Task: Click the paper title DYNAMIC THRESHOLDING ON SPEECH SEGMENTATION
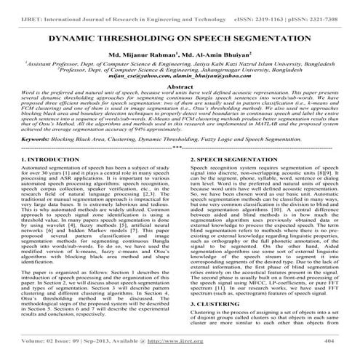pos(180,36)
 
